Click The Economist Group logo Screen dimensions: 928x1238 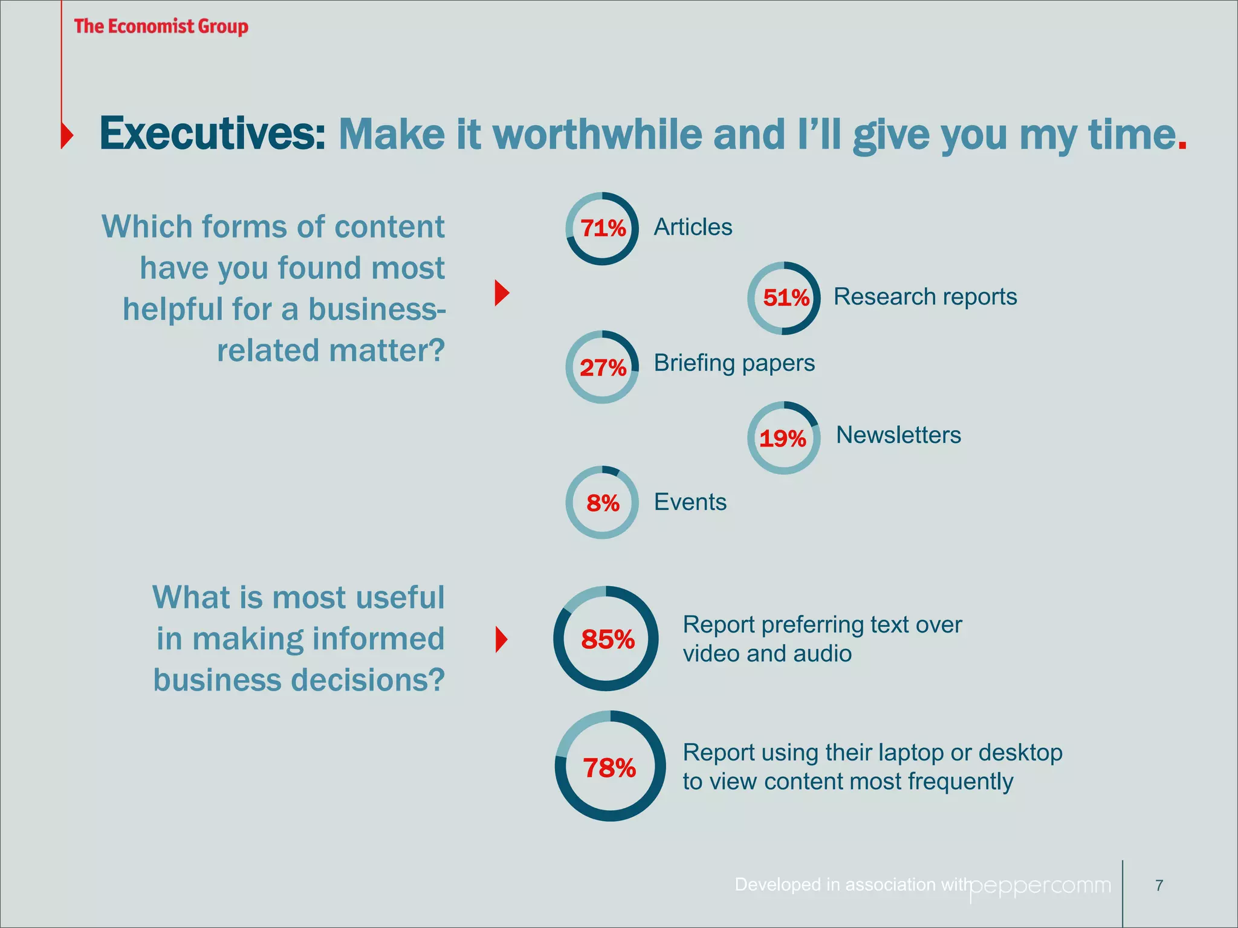coord(161,27)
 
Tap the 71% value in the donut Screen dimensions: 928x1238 coord(603,228)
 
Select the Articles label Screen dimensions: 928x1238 coord(693,227)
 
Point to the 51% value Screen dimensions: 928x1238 coord(785,298)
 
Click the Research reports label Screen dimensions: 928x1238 coord(925,297)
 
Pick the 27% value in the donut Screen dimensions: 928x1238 coord(603,367)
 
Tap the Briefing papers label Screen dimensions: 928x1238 coord(734,363)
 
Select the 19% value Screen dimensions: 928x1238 coord(783,438)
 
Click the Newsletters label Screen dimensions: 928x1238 coord(898,435)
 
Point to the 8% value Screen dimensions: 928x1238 coord(603,503)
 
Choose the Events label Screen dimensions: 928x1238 coord(690,502)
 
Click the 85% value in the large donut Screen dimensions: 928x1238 coord(608,639)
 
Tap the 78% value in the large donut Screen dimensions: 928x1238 coord(609,768)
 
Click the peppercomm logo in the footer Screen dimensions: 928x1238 coord(1040,886)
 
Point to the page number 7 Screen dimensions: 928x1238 coord(1159,886)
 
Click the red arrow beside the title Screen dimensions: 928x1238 coord(67,134)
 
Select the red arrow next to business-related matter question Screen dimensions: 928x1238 coord(502,293)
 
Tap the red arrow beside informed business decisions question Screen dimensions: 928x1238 coord(501,640)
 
